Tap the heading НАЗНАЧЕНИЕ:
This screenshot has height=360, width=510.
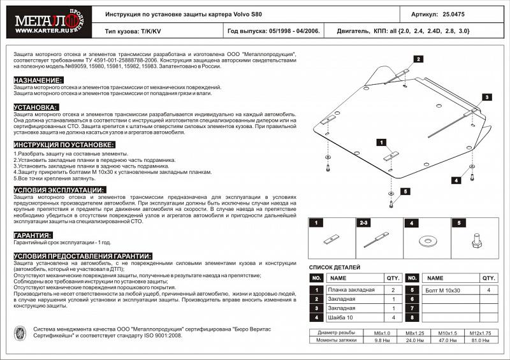click(38, 80)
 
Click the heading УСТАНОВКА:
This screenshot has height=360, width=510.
click(36, 107)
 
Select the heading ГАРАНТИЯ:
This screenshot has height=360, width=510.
click(33, 235)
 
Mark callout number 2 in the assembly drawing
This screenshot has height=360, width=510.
click(418, 59)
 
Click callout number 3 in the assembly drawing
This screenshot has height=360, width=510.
click(486, 97)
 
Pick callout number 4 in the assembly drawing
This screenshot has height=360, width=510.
click(456, 180)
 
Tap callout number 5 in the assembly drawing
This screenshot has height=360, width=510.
click(405, 191)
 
